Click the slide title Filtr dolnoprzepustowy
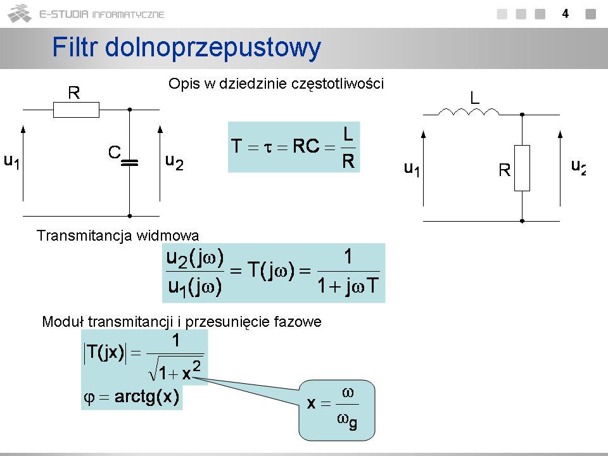click(x=186, y=48)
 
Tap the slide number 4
click(x=565, y=13)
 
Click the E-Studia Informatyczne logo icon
click(x=20, y=13)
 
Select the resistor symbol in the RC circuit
click(x=76, y=110)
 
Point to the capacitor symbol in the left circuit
click(x=129, y=162)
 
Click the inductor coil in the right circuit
click(x=469, y=112)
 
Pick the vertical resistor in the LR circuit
click(x=522, y=168)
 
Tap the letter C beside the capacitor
click(x=114, y=153)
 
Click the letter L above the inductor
click(x=474, y=98)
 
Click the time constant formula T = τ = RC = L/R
click(x=294, y=147)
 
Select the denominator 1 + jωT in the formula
click(x=348, y=288)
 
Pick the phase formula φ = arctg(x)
click(x=132, y=398)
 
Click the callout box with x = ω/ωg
click(x=336, y=410)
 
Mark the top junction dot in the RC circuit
click(x=129, y=110)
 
